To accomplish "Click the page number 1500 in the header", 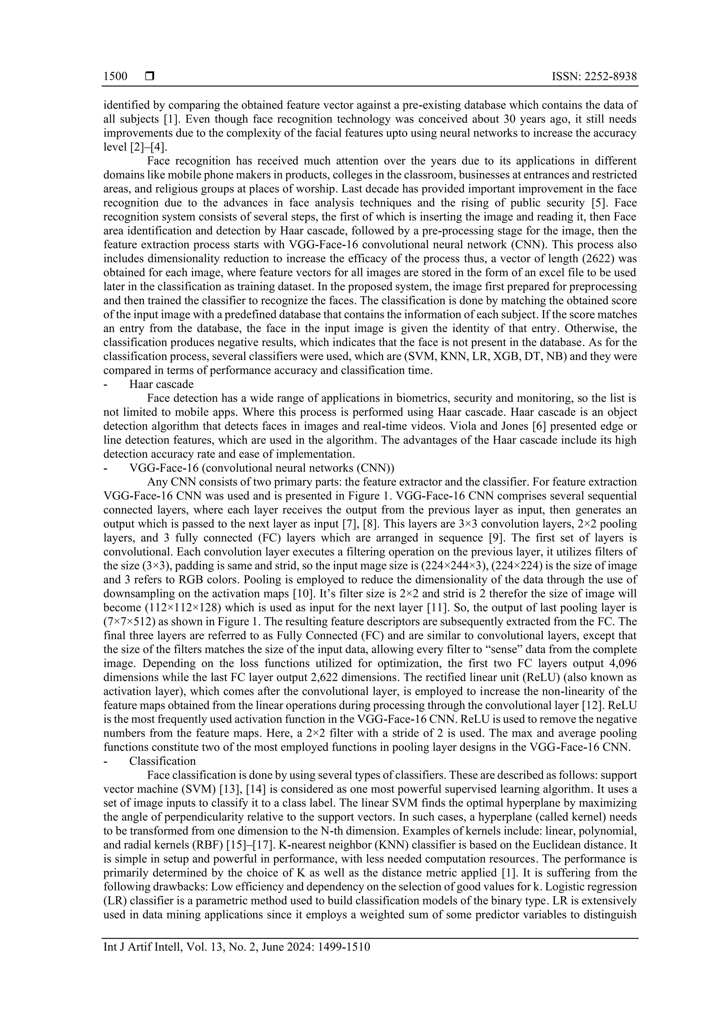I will pos(115,77).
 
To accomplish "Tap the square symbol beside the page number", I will pos(150,77).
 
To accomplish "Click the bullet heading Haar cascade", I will pos(161,384).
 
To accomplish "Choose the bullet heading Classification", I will pos(163,761).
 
